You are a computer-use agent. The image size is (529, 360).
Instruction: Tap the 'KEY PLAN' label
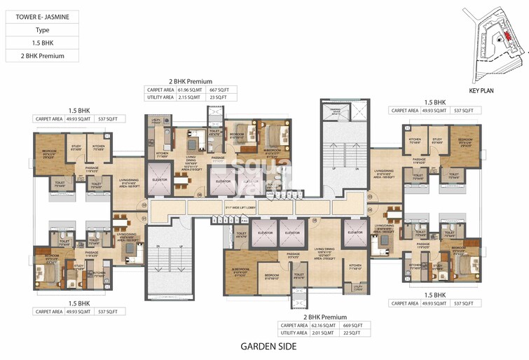point(482,92)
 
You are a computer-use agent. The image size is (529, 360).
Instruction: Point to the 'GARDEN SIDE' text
point(268,346)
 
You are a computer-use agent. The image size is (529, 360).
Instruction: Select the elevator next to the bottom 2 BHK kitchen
point(355,233)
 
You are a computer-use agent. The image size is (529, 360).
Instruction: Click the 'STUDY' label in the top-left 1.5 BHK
point(76,147)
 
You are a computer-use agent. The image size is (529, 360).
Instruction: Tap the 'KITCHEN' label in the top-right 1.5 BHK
point(415,139)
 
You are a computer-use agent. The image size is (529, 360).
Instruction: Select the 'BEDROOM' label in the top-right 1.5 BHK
point(465,140)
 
